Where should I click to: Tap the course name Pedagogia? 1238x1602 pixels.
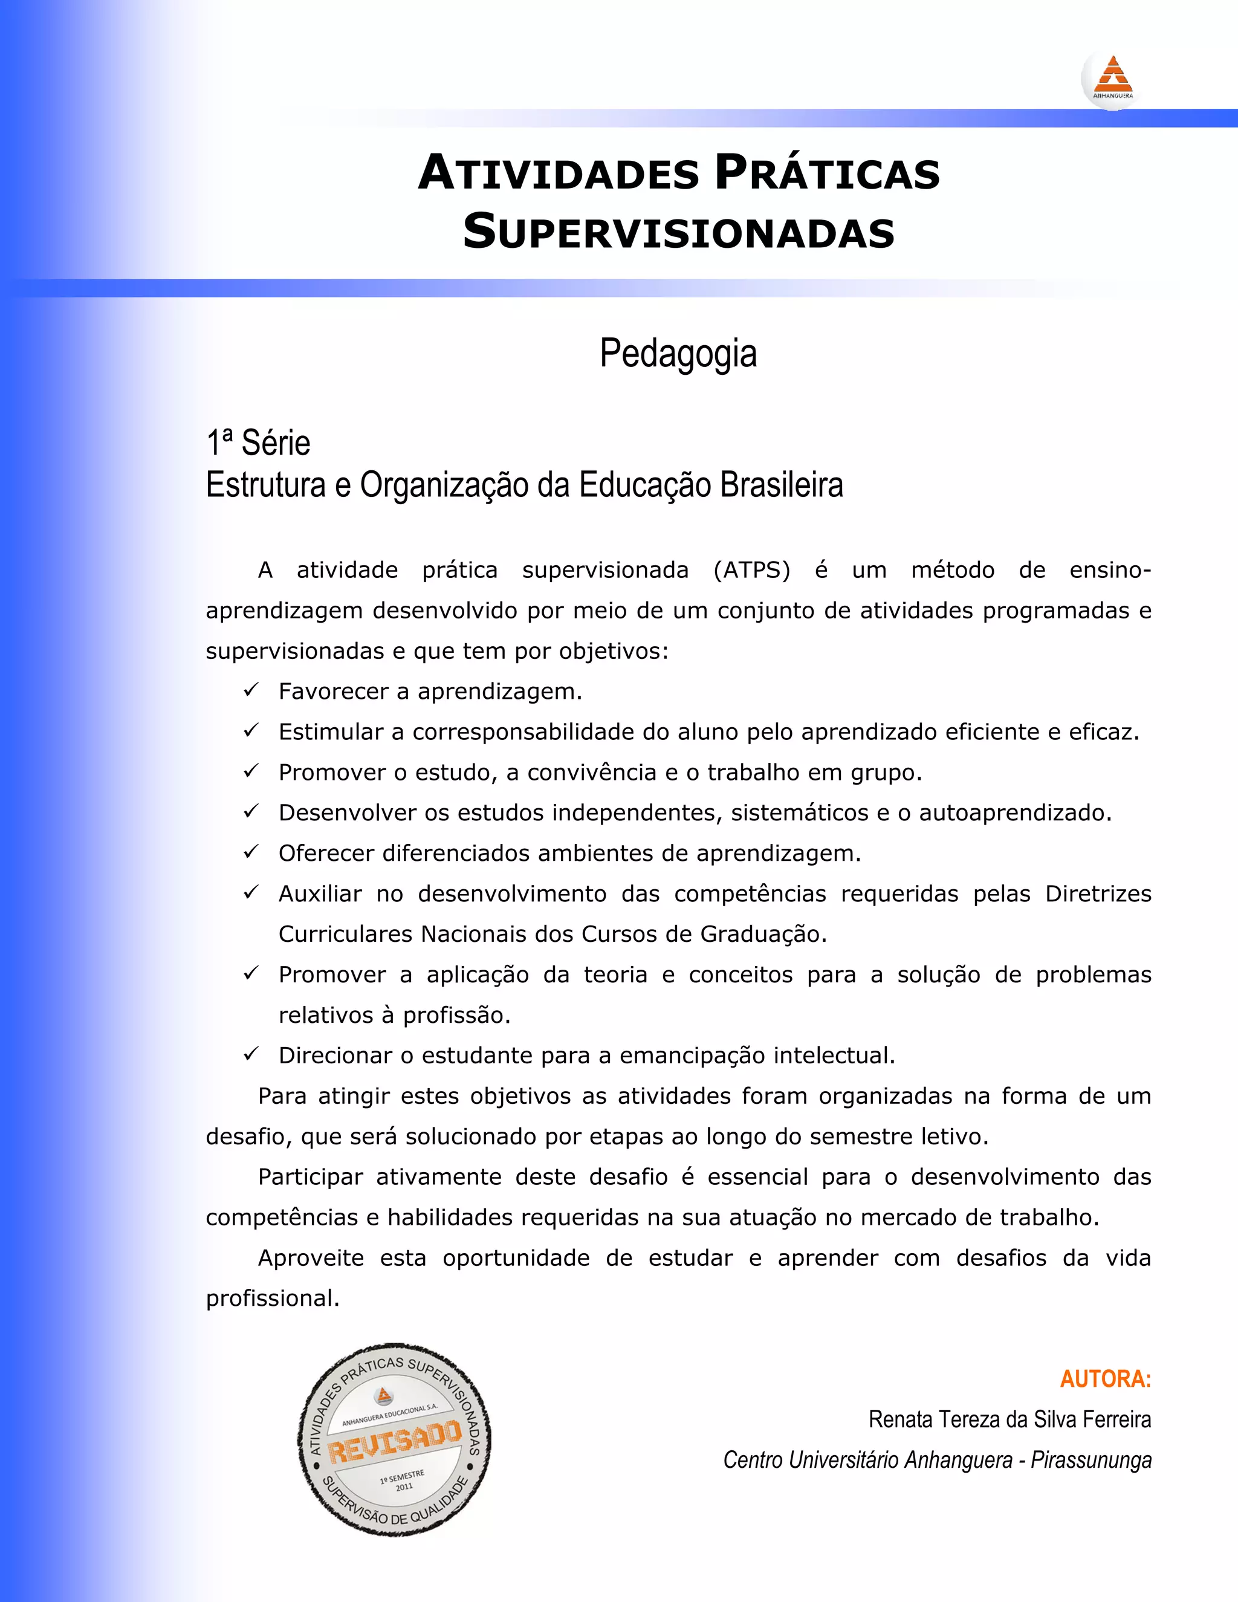[x=678, y=354]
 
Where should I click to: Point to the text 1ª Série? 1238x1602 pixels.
[x=258, y=443]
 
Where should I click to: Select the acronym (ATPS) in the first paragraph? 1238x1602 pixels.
[x=752, y=570]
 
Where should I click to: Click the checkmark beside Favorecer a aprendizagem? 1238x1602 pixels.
[x=251, y=690]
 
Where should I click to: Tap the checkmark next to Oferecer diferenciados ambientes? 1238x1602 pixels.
[x=251, y=852]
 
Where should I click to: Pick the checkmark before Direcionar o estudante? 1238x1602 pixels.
[x=251, y=1054]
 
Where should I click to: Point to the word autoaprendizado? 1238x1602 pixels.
[x=1015, y=812]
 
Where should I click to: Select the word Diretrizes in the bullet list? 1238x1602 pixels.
[x=1098, y=893]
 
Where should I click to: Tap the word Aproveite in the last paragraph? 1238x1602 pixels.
[x=310, y=1258]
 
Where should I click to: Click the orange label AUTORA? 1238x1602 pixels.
[x=1105, y=1379]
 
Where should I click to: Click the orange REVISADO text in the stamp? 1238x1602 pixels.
[x=395, y=1441]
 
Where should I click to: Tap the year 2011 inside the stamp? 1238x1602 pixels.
[x=404, y=1487]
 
